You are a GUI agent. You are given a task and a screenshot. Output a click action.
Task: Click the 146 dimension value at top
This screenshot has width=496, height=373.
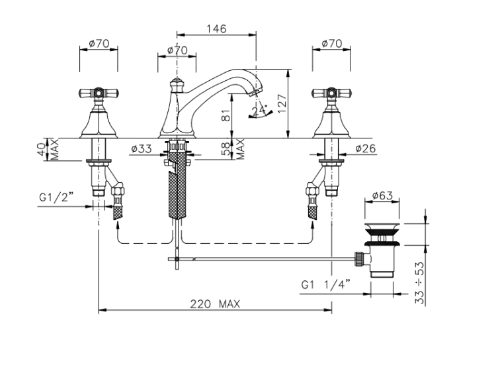pyautogui.click(x=217, y=29)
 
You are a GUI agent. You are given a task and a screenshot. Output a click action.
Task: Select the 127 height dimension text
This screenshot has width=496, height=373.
pyautogui.click(x=282, y=103)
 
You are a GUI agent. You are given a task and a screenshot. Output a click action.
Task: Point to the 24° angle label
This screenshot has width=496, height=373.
pyautogui.click(x=259, y=110)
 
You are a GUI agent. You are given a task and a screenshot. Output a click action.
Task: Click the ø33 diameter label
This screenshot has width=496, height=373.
pyautogui.click(x=141, y=148)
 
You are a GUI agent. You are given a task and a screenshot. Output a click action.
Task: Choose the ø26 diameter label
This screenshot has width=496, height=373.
pyautogui.click(x=365, y=148)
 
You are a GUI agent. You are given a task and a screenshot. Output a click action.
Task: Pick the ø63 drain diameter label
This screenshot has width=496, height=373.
pyautogui.click(x=382, y=195)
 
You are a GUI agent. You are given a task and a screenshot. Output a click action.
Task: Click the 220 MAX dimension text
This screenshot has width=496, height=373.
pyautogui.click(x=215, y=304)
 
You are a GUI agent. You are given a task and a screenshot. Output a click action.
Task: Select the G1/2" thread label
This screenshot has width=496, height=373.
pyautogui.click(x=56, y=197)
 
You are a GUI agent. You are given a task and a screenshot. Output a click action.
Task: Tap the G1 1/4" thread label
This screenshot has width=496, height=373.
pyautogui.click(x=326, y=284)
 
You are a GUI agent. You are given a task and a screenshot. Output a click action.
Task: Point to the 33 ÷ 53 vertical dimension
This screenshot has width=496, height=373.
pyautogui.click(x=419, y=283)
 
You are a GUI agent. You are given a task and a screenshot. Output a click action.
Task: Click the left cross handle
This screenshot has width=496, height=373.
pyautogui.click(x=99, y=93)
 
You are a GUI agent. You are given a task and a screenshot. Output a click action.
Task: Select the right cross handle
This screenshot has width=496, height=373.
pyautogui.click(x=331, y=93)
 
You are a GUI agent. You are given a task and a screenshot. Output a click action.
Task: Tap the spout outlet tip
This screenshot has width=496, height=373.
pyautogui.click(x=255, y=92)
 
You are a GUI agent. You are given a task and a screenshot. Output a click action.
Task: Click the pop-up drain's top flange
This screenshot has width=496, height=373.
pyautogui.click(x=382, y=227)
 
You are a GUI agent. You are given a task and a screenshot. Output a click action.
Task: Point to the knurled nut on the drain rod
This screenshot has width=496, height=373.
pyautogui.click(x=359, y=259)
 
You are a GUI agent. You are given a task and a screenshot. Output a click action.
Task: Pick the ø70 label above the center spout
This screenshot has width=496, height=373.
pyautogui.click(x=177, y=50)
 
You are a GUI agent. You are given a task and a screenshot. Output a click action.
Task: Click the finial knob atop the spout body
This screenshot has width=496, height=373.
pyautogui.click(x=177, y=85)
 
